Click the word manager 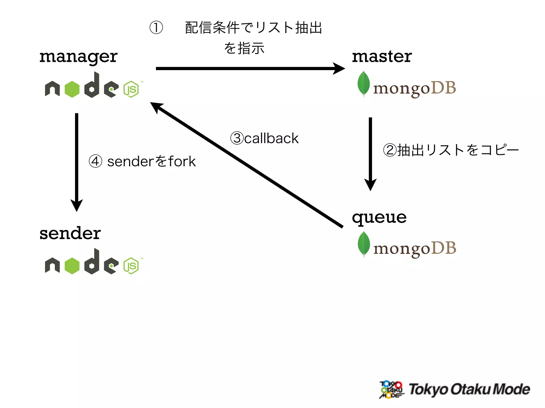pyautogui.click(x=78, y=57)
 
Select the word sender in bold pyautogui.click(x=70, y=233)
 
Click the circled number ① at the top pyautogui.click(x=156, y=28)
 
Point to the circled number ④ pyautogui.click(x=95, y=161)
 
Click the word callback pyautogui.click(x=271, y=138)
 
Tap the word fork pyautogui.click(x=182, y=161)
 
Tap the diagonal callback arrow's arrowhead pyautogui.click(x=156, y=107)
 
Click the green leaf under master pyautogui.click(x=364, y=83)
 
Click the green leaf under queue pyautogui.click(x=364, y=244)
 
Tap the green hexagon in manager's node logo pyautogui.click(x=72, y=89)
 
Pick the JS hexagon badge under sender pyautogui.click(x=131, y=266)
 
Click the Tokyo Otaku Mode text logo pyautogui.click(x=469, y=389)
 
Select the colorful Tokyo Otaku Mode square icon pyautogui.click(x=391, y=389)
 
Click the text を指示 pyautogui.click(x=244, y=48)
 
